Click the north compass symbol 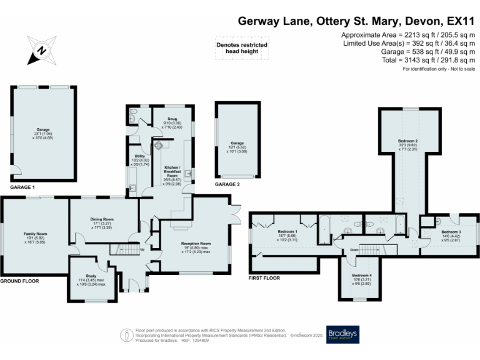click(x=40, y=49)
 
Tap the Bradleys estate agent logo click(x=342, y=335)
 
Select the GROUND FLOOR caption click(x=19, y=281)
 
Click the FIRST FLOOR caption click(x=264, y=277)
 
